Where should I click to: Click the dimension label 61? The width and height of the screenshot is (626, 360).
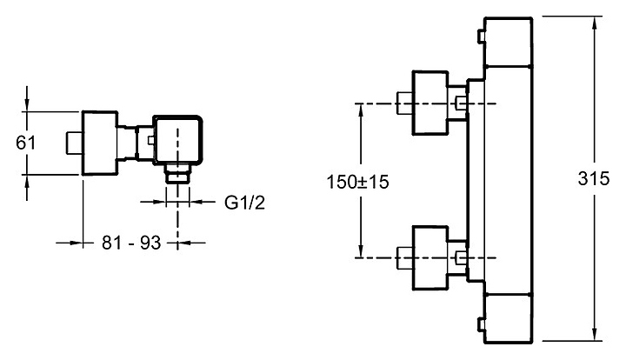click(26, 143)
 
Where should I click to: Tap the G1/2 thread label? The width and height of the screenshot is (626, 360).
click(244, 203)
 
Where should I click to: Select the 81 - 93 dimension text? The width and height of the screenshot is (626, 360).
click(131, 243)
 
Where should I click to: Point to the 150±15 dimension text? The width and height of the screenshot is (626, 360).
click(357, 182)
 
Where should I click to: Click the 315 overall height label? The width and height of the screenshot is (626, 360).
click(594, 178)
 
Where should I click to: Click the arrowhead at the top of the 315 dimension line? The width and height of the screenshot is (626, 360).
click(595, 22)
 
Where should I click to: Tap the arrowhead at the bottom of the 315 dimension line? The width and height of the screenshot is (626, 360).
click(595, 336)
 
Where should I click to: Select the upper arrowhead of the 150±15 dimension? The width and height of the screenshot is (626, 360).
click(361, 110)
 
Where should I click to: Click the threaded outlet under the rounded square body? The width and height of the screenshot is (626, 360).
click(178, 173)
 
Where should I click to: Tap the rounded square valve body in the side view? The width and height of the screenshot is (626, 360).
click(177, 140)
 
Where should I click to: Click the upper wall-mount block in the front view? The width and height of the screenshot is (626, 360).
click(430, 103)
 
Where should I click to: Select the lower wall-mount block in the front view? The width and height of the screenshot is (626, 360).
click(430, 257)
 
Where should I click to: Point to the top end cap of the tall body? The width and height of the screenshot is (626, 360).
click(509, 42)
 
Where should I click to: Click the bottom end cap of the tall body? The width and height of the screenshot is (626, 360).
click(509, 318)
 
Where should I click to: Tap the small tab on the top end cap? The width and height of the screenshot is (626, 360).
click(482, 37)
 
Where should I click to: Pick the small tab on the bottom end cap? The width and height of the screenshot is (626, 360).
click(482, 323)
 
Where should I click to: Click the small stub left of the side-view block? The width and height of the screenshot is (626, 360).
click(74, 143)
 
